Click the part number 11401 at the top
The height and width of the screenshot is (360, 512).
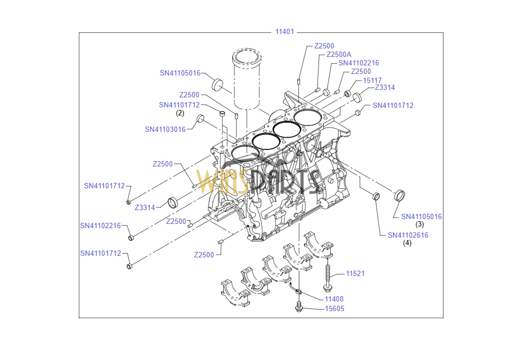pyautogui.click(x=284, y=32)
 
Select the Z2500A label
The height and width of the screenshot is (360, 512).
pyautogui.click(x=339, y=54)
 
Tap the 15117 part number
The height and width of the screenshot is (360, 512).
pyautogui.click(x=372, y=80)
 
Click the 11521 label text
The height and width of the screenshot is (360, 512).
pyautogui.click(x=355, y=273)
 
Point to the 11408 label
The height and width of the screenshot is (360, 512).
pyautogui.click(x=334, y=299)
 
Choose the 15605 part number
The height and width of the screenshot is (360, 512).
pyautogui.click(x=334, y=308)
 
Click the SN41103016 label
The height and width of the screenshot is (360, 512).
pyautogui.click(x=165, y=129)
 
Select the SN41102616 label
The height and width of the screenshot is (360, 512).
pyautogui.click(x=408, y=235)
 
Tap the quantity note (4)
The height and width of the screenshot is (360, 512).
pyautogui.click(x=407, y=243)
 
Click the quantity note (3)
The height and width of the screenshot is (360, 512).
pyautogui.click(x=419, y=224)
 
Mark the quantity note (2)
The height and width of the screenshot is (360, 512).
pyautogui.click(x=180, y=113)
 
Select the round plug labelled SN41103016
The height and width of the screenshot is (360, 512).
pyautogui.click(x=201, y=118)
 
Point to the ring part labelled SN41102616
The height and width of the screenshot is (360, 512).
pyautogui.click(x=376, y=196)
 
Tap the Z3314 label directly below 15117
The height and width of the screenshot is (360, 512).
pyautogui.click(x=384, y=88)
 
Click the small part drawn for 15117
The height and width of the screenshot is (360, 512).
pyautogui.click(x=348, y=94)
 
